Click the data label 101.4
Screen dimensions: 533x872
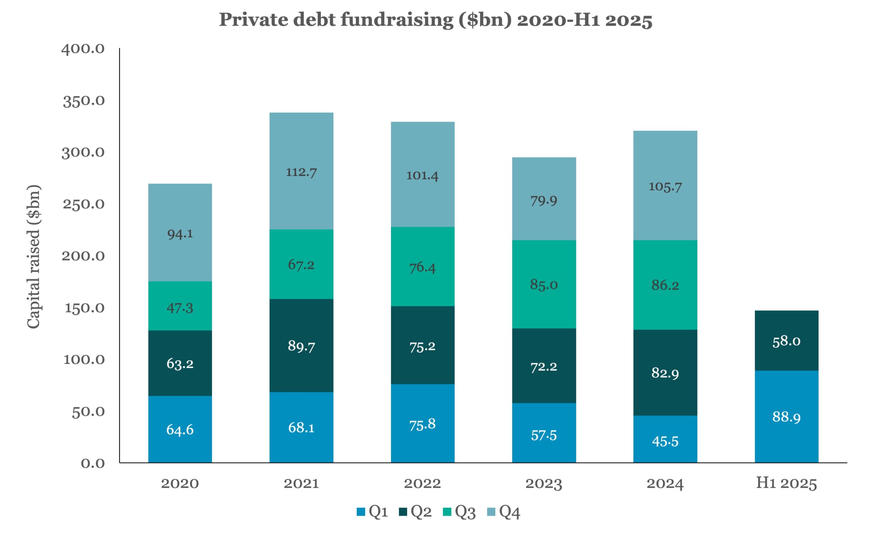(x=422, y=175)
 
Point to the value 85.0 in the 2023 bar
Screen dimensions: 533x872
(x=544, y=284)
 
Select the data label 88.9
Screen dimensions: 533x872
(x=787, y=417)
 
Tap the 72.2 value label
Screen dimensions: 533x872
(x=544, y=367)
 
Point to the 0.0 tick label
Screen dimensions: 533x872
(x=93, y=463)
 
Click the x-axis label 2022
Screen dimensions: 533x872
(x=422, y=484)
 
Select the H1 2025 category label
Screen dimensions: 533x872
(x=787, y=484)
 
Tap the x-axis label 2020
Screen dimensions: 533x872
(x=180, y=484)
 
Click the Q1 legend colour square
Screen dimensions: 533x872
(x=361, y=512)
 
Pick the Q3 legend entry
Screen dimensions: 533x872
(x=459, y=512)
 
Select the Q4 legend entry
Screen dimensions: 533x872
(x=503, y=512)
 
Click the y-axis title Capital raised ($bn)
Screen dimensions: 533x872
(x=34, y=256)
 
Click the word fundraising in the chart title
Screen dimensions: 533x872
(x=396, y=20)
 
